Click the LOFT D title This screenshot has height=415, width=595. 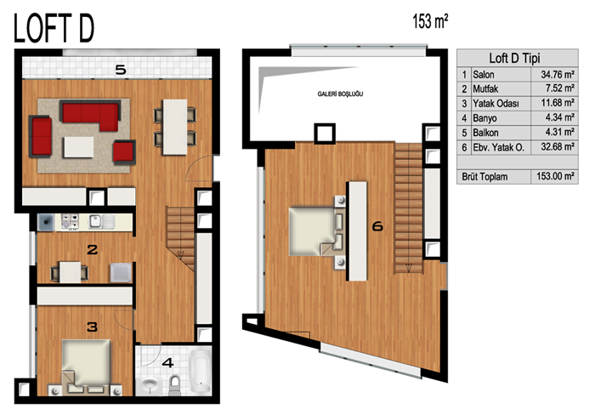coord(54,28)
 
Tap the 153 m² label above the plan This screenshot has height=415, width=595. coord(430,21)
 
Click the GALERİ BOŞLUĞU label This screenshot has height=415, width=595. coord(340,94)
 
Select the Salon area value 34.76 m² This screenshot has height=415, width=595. coord(557,75)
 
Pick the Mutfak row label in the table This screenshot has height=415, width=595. coord(485,88)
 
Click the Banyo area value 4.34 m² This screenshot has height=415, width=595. coord(559,117)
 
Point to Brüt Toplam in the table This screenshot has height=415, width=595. coord(484,177)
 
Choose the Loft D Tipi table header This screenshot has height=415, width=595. coord(514,58)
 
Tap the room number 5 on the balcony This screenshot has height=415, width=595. coord(121,70)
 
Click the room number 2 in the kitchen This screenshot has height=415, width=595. coord(92,249)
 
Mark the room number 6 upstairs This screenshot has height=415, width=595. coord(377,227)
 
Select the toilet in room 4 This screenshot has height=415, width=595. coord(174,384)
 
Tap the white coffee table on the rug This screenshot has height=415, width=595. coord(78,147)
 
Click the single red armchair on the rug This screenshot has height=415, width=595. coord(124,152)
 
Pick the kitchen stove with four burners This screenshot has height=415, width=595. coord(71,222)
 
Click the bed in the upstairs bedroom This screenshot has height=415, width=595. coord(316,230)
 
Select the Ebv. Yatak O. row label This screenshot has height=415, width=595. coord(498,147)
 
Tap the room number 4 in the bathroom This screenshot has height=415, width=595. coord(167,363)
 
